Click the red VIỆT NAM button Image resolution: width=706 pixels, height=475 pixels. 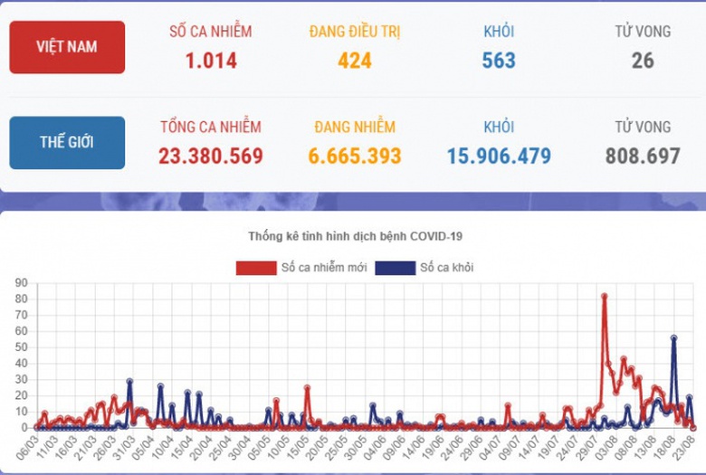[x=67, y=47]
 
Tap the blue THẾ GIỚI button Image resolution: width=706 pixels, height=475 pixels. [x=67, y=142]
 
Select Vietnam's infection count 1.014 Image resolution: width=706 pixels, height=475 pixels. [x=211, y=61]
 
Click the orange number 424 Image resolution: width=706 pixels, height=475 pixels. [x=355, y=61]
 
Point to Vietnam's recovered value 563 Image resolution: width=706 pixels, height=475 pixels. [x=499, y=61]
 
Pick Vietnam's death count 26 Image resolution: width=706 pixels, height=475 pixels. [x=643, y=61]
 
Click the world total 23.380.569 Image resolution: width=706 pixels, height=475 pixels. [x=211, y=156]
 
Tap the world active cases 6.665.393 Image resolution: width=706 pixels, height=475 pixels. [x=355, y=156]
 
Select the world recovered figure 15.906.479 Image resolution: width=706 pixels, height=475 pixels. [x=499, y=156]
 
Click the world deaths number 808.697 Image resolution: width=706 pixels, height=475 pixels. [x=643, y=156]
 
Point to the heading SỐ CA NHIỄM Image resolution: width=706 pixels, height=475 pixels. [x=211, y=32]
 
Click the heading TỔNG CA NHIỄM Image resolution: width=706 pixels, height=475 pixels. [x=211, y=127]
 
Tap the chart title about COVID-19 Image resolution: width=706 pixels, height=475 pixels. [x=355, y=236]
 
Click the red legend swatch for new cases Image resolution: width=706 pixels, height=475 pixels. [x=256, y=268]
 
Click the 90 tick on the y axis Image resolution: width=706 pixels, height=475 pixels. [x=19, y=283]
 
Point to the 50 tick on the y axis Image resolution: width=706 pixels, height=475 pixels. [x=19, y=347]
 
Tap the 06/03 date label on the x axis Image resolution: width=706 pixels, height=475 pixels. [x=25, y=449]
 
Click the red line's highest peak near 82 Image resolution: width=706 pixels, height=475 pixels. [x=604, y=296]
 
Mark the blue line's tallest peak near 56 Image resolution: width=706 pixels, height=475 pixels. [x=673, y=338]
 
